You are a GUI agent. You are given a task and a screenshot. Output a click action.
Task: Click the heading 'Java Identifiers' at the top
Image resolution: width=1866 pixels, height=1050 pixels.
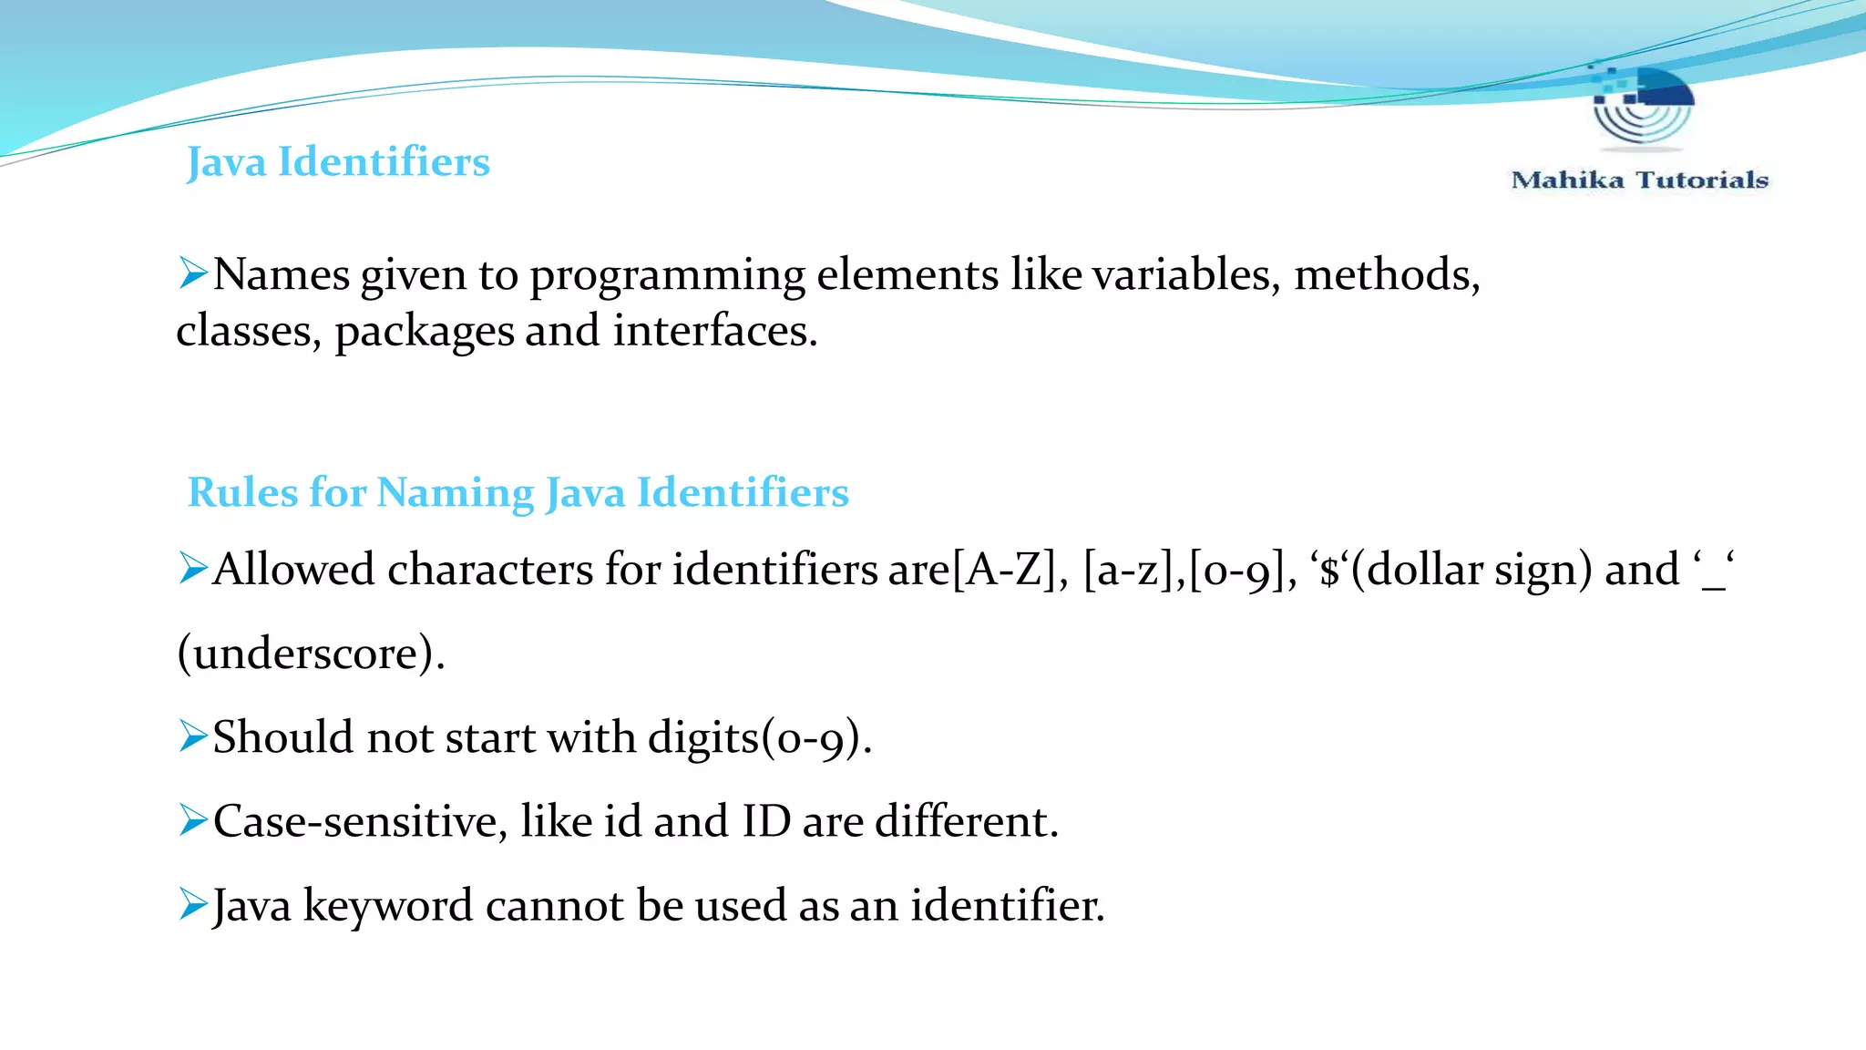[338, 162]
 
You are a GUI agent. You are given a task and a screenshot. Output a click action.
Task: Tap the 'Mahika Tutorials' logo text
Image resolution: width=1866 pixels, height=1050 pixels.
[1639, 180]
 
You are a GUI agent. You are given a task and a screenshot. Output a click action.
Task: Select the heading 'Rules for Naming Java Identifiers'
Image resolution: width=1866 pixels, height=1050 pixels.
[518, 492]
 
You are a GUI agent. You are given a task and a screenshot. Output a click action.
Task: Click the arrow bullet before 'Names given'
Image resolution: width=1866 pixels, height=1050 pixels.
[193, 273]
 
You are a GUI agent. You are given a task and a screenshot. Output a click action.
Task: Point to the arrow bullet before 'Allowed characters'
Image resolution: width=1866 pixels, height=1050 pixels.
[193, 568]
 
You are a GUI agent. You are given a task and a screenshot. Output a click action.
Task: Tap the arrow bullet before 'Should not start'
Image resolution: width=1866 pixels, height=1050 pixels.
[193, 736]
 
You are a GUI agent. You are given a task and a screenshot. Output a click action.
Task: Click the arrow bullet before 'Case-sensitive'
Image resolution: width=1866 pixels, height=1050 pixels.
[193, 819]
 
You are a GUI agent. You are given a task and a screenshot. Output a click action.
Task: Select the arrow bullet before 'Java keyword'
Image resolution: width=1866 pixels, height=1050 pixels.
[193, 903]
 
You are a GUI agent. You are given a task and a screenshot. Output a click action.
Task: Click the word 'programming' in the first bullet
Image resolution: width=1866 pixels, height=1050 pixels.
[668, 275]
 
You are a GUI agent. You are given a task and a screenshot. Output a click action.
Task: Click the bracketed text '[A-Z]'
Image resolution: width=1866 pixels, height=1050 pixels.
[1003, 571]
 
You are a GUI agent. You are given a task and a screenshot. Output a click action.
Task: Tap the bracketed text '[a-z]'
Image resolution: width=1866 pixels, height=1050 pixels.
[1127, 571]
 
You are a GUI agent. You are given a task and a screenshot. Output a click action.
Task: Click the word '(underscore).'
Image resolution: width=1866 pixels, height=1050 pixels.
[311, 653]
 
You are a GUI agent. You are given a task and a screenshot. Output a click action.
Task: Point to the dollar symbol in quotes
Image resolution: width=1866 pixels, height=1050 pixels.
[1330, 571]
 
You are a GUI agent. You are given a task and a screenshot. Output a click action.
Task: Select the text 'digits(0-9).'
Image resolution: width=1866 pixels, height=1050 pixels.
[760, 736]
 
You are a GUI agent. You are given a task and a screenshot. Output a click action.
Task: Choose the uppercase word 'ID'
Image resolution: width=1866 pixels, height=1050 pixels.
[766, 820]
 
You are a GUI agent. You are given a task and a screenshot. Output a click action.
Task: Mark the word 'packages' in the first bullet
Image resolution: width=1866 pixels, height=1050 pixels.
[424, 332]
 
